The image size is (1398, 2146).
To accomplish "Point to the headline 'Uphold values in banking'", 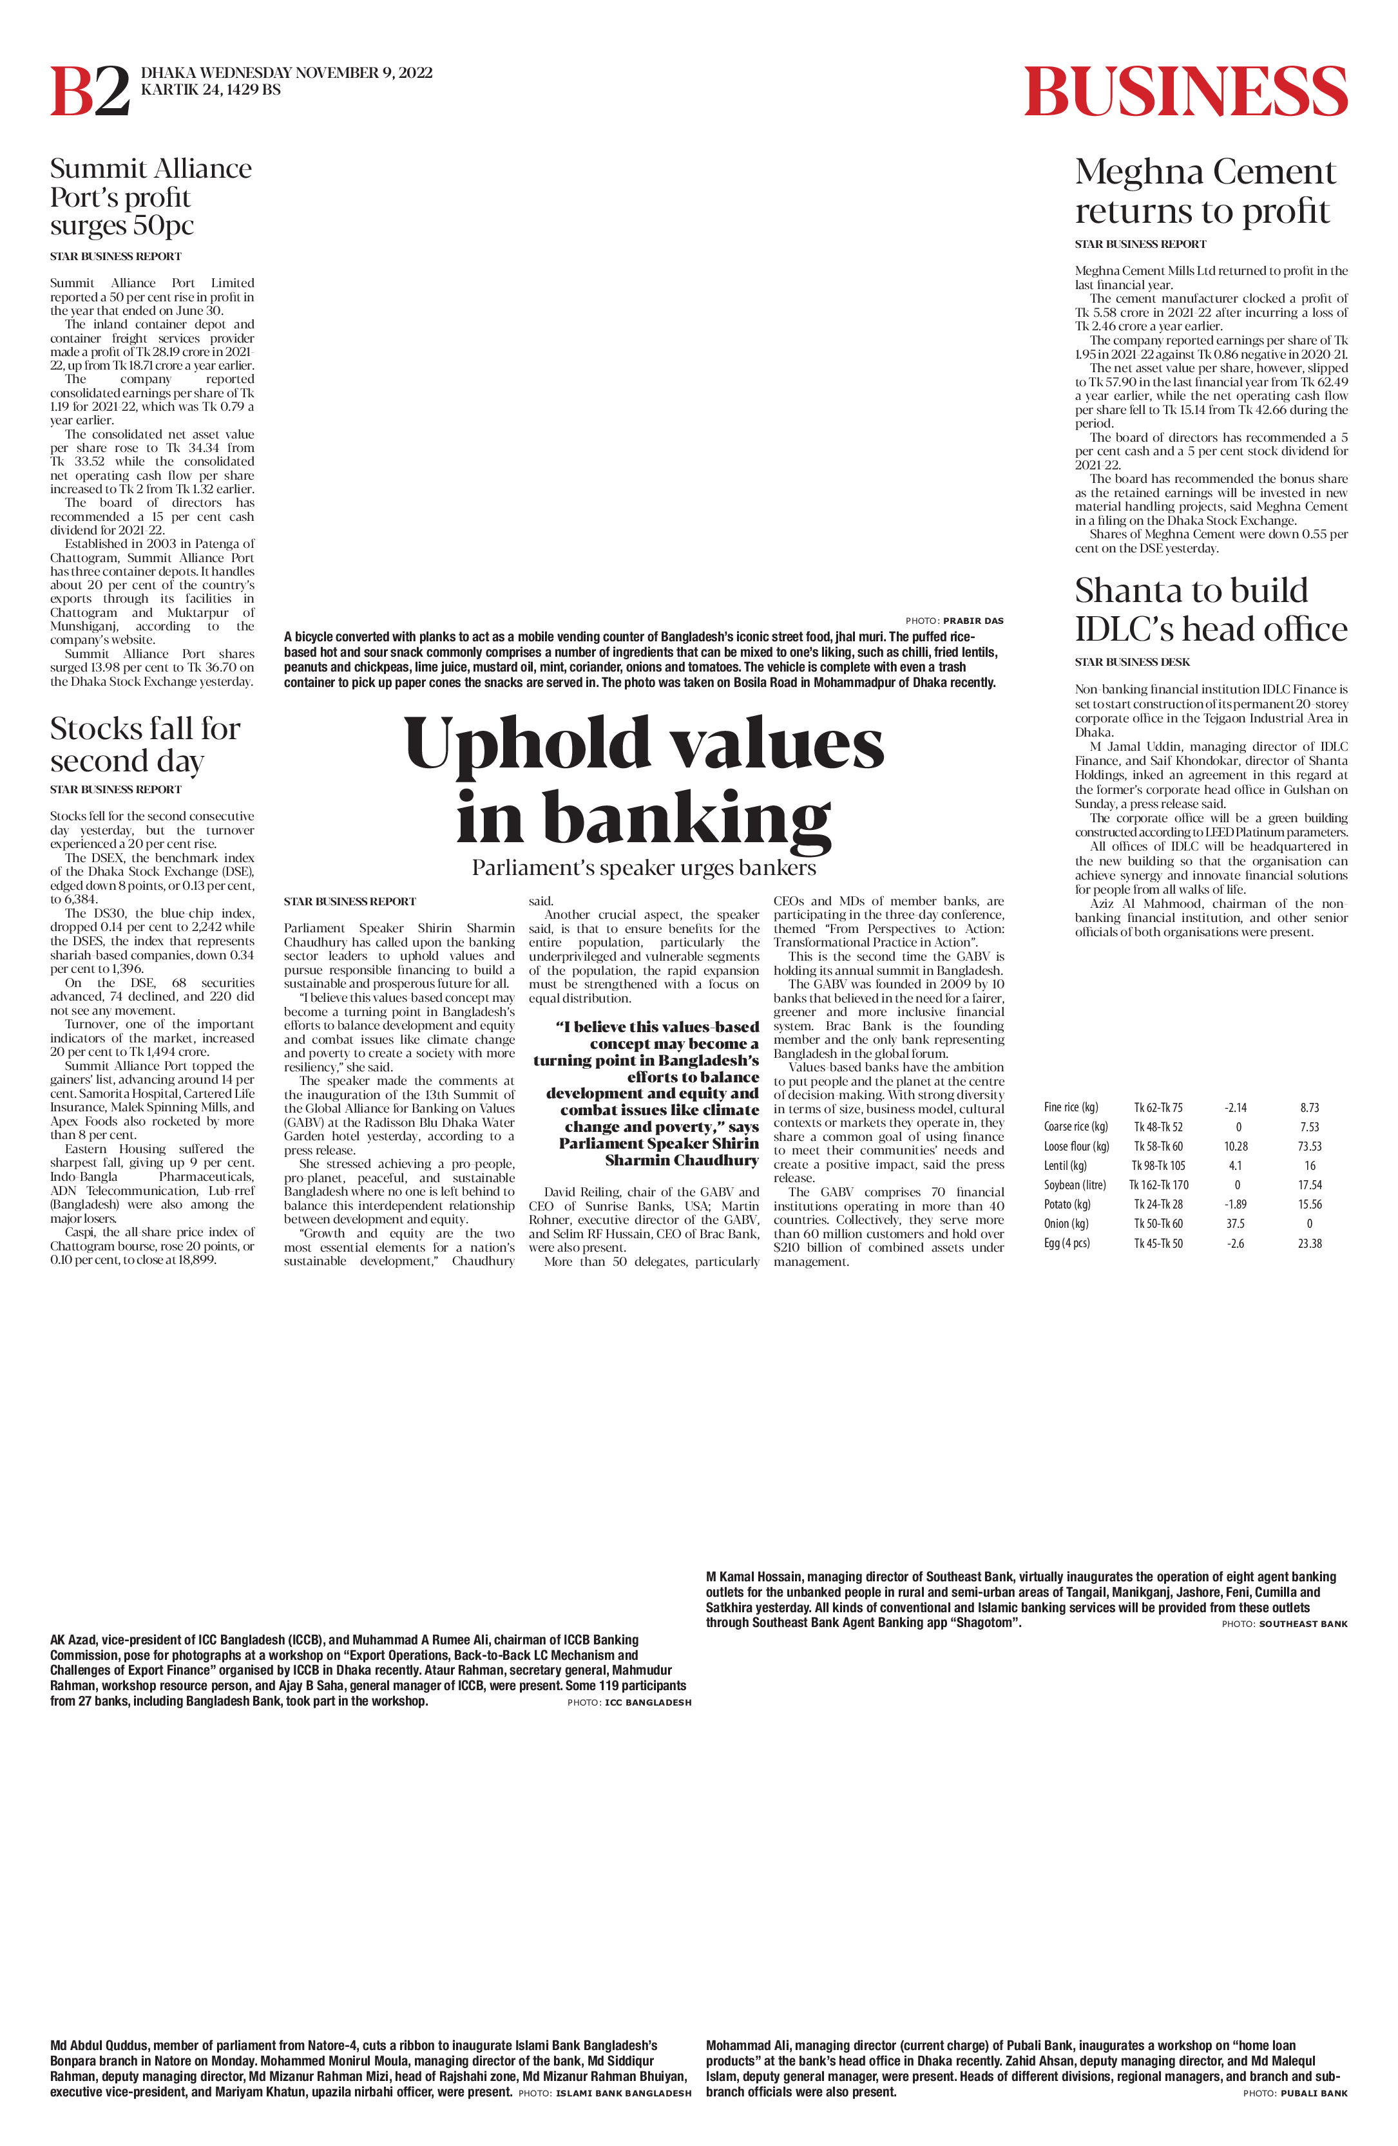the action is tap(644, 780).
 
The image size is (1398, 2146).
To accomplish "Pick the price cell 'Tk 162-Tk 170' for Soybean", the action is tap(1159, 1185).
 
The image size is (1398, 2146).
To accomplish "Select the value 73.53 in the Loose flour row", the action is tap(1310, 1146).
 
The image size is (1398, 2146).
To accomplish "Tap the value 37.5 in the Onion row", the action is tap(1236, 1223).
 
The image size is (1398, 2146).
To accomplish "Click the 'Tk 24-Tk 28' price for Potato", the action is tap(1159, 1205).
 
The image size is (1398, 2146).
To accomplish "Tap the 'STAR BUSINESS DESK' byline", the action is tap(1132, 662).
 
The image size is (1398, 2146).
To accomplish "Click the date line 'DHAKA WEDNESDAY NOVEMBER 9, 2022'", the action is tap(287, 73).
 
